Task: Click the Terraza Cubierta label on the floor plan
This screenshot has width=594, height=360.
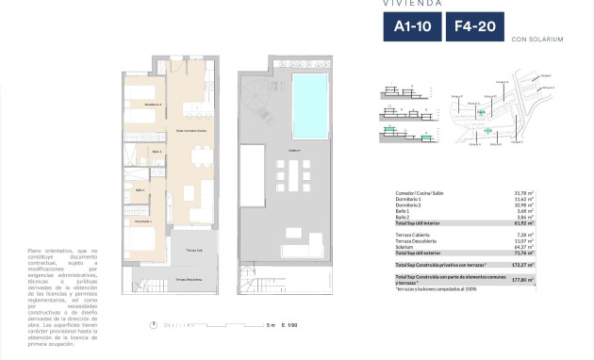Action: tap(194, 250)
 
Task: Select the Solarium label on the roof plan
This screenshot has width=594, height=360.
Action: tap(293, 150)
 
